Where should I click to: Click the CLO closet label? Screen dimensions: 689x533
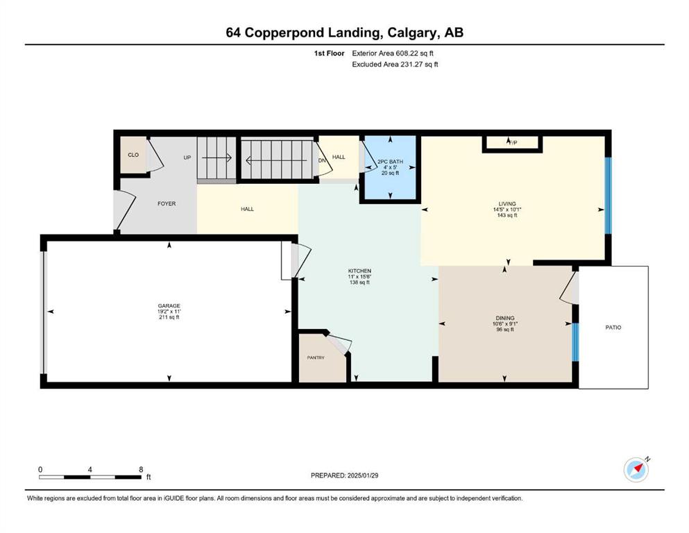[133, 155]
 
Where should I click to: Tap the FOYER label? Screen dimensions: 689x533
[167, 203]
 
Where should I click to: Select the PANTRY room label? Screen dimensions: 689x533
[316, 357]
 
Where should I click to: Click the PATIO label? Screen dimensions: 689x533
[613, 328]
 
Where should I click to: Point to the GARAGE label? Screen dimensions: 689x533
[169, 306]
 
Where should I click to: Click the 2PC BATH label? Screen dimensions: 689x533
[390, 162]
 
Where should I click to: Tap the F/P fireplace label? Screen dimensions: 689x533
[512, 142]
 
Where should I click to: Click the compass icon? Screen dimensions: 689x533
[636, 470]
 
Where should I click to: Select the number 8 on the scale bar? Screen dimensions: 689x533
[141, 469]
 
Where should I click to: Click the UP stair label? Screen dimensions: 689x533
[187, 158]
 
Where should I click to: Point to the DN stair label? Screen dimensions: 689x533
[322, 160]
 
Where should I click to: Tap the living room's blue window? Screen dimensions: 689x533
[608, 195]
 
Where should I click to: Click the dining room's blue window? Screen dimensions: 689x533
[575, 342]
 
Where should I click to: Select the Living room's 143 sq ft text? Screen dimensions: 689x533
[507, 215]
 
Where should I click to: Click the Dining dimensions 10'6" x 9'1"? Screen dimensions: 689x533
[505, 324]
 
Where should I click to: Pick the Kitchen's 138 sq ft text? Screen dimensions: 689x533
[359, 282]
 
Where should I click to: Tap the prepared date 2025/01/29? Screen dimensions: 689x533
[362, 475]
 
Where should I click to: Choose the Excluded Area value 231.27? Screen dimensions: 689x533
[411, 64]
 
